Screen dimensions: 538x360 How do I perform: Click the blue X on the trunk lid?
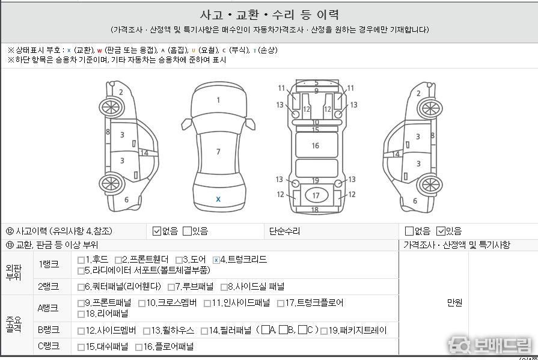pos(218,199)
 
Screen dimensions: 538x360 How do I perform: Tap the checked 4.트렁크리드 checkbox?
pos(216,260)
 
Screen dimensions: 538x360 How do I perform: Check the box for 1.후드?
pos(81,260)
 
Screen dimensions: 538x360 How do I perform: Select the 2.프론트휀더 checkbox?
pos(118,260)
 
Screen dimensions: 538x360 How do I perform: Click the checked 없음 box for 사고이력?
pos(156,231)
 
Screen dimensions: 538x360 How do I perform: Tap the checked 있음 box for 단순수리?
pos(441,231)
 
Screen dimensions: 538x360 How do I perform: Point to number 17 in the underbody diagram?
pos(316,195)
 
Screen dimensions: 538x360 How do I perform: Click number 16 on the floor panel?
pos(316,146)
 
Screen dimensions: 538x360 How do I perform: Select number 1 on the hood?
pos(218,100)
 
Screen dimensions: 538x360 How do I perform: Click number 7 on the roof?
pos(218,151)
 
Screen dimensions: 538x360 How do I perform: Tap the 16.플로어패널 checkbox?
pos(139,347)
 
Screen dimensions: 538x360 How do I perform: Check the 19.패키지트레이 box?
pos(323,331)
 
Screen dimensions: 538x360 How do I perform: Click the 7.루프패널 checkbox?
pos(171,287)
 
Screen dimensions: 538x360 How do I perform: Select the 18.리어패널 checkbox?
pos(81,314)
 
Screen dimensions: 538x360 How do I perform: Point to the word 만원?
pos(454,302)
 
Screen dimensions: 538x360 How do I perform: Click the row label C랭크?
pos(48,346)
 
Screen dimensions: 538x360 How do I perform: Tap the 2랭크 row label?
pos(48,287)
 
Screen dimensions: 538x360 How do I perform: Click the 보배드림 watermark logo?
pos(489,345)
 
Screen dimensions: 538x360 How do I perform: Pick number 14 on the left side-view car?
pos(144,153)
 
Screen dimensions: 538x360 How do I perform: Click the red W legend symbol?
pos(100,51)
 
